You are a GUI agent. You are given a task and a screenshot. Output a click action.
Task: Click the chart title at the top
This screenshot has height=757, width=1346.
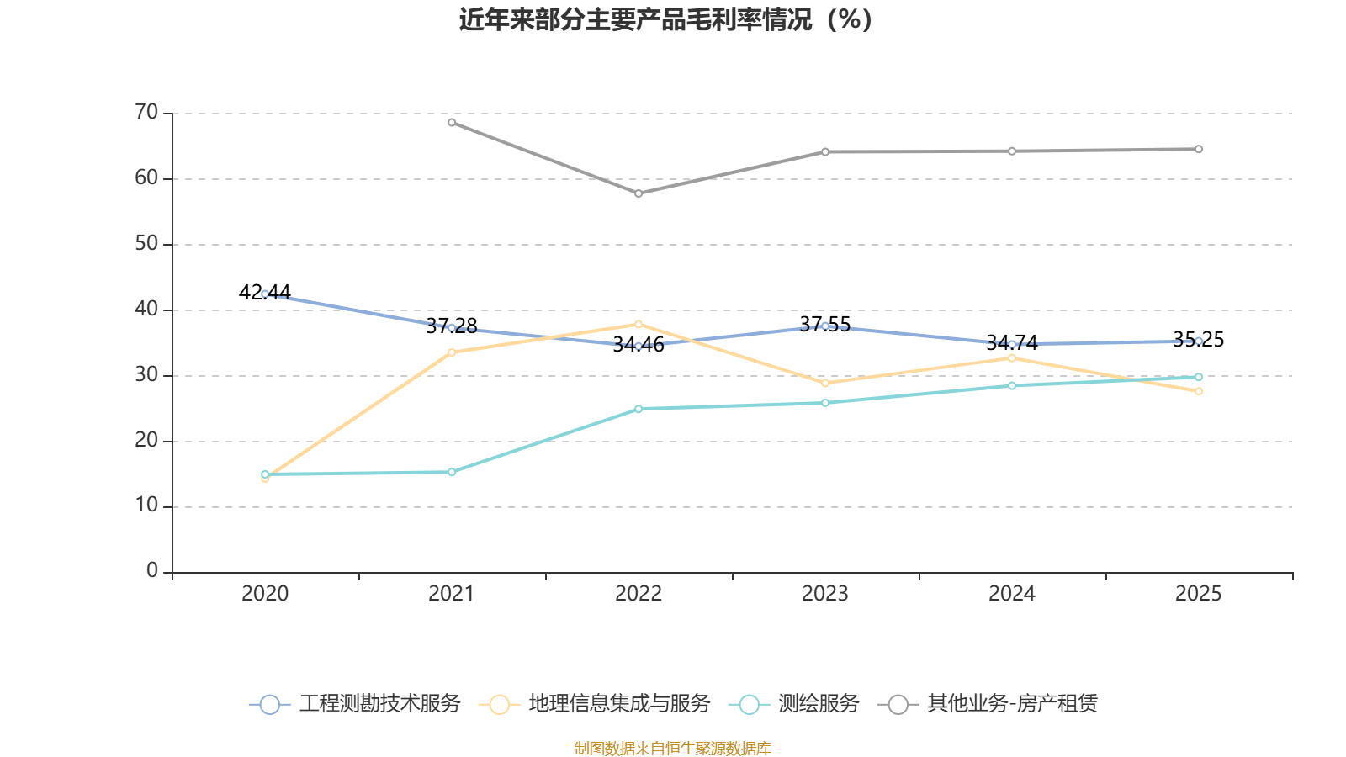[x=665, y=19]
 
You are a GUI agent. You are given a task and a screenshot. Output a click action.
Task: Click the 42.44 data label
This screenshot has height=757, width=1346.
[x=264, y=292]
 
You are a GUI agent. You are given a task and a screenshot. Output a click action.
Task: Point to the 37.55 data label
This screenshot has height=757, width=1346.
[x=825, y=325]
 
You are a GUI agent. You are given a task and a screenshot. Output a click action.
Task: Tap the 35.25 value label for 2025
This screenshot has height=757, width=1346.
[x=1198, y=340]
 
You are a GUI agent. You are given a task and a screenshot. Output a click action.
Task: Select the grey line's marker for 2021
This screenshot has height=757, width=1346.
[x=452, y=123]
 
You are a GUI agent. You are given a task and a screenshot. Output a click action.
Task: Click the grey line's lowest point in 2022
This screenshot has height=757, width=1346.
[x=639, y=193]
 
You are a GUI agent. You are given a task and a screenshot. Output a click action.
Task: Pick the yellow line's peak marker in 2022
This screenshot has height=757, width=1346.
[x=639, y=325]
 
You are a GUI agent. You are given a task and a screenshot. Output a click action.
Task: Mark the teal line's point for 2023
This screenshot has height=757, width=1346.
[x=825, y=403]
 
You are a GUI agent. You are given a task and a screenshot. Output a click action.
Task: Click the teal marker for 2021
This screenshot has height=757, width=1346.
[x=452, y=472]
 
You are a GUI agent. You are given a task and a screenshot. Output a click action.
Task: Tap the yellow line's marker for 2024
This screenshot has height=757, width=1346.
[x=1012, y=358]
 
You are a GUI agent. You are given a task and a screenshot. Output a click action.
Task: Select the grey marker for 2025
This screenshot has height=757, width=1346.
[x=1199, y=149]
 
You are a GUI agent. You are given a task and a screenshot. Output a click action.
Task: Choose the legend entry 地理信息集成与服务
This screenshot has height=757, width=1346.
[x=594, y=703]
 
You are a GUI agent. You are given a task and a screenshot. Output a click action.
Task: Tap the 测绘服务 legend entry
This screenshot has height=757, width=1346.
[x=794, y=703]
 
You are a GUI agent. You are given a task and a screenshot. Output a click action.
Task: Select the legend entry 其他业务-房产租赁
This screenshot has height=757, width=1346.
[x=988, y=703]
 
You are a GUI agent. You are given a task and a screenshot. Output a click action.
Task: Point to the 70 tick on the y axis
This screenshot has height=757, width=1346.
[x=146, y=112]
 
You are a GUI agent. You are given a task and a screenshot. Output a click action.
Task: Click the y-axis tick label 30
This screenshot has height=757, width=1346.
[x=146, y=375]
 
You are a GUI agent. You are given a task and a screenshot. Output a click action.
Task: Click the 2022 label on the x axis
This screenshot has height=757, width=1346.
[x=639, y=594]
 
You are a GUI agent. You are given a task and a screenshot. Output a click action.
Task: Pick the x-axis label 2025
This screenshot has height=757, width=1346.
[x=1198, y=594]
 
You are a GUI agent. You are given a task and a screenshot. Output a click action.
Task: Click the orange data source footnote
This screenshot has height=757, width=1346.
[x=672, y=748]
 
